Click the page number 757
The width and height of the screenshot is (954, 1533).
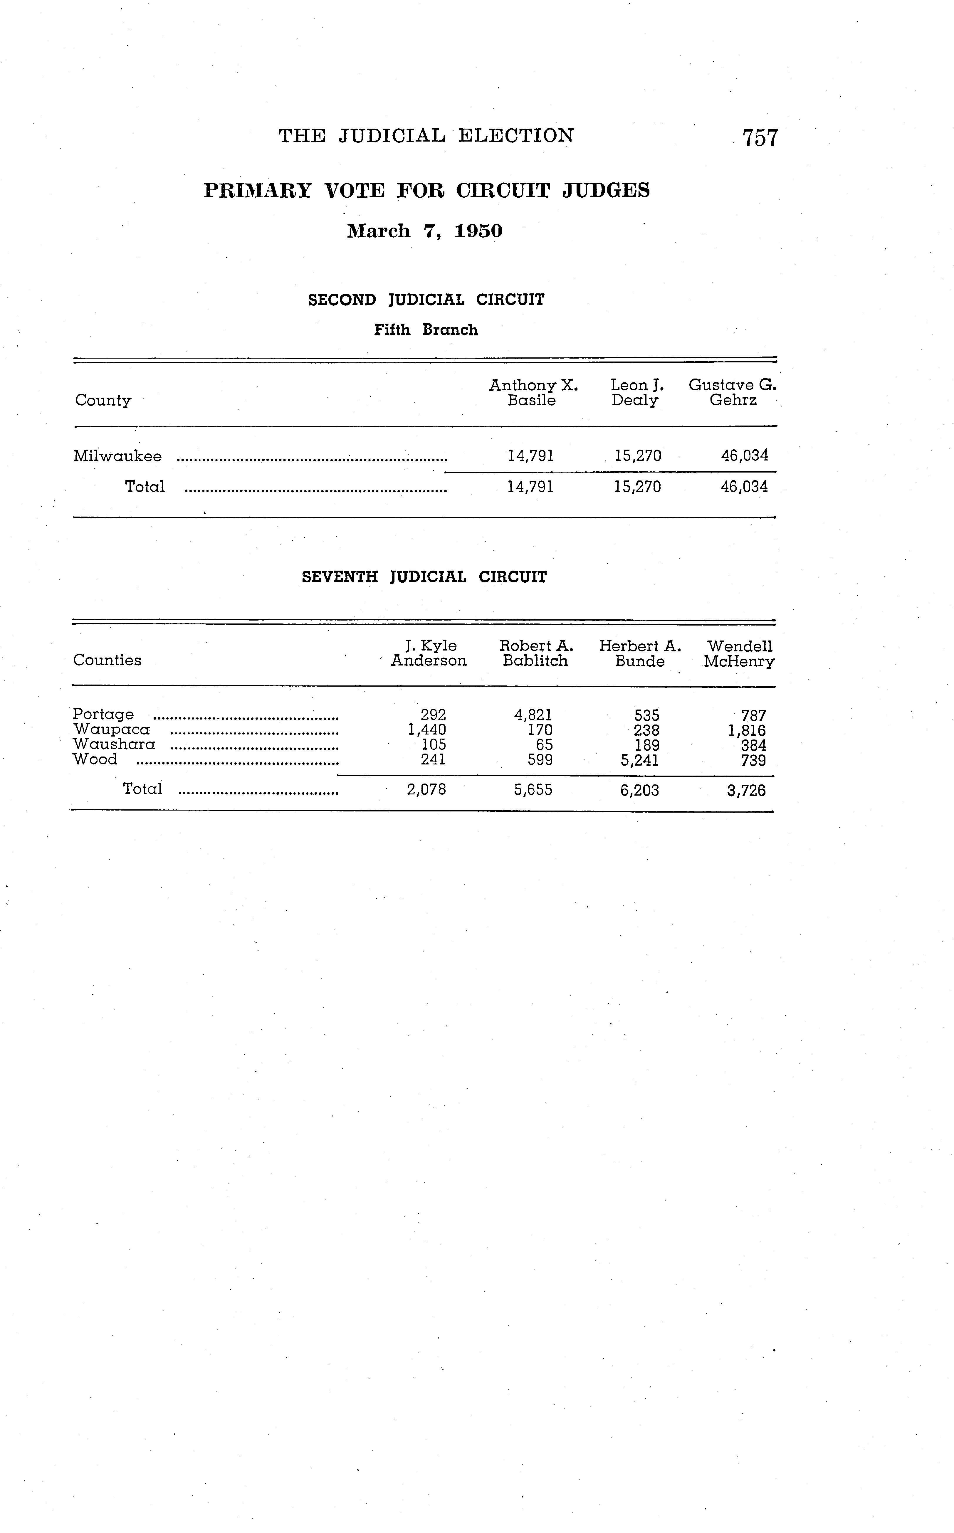760,137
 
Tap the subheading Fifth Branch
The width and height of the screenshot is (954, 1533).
426,330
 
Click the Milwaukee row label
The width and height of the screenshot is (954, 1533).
117,456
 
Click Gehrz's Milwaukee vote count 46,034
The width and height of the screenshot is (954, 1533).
745,455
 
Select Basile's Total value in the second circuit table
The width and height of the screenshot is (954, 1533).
531,486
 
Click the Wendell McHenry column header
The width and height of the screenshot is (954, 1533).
740,653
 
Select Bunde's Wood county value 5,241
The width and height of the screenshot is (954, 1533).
640,760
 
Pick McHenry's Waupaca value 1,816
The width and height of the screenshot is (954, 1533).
747,731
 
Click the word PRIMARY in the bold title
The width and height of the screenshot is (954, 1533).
258,191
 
